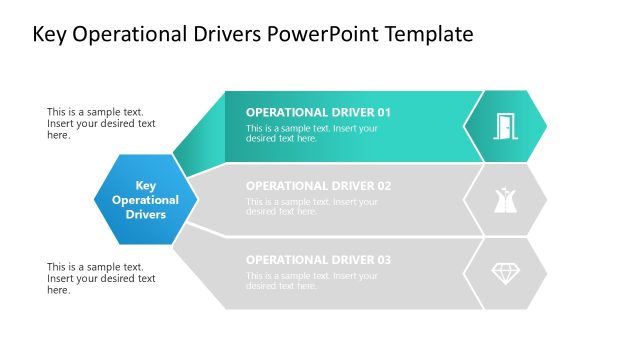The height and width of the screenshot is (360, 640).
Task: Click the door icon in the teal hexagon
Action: [505, 126]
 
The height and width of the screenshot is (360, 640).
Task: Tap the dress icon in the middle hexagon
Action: [505, 200]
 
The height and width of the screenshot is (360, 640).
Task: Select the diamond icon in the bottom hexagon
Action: [505, 273]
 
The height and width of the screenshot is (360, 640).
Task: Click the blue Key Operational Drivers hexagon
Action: [145, 200]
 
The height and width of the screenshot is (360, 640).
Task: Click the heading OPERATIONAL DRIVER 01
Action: [318, 112]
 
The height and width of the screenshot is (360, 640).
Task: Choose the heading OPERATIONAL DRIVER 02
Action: [318, 186]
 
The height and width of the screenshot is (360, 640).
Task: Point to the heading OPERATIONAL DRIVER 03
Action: [318, 260]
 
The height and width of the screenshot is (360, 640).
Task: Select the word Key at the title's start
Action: [51, 35]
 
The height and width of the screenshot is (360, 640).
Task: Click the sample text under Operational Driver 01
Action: [312, 133]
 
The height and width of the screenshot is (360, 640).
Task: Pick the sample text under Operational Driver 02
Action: [312, 206]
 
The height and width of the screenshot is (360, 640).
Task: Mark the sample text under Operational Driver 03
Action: [312, 280]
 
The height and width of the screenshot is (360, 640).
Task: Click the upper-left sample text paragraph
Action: [101, 124]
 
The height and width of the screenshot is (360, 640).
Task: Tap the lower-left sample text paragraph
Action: [101, 278]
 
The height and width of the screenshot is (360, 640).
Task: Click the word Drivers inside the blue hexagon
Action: [146, 214]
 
